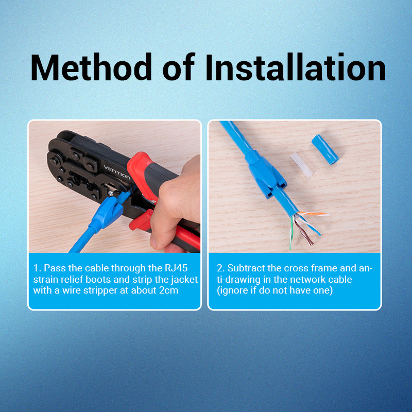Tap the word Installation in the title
point(295,67)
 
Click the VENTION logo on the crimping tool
point(117,172)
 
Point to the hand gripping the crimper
point(177,205)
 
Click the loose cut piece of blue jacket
point(325,149)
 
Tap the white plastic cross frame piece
point(301,165)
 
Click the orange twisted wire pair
point(313,213)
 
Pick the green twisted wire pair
point(291,233)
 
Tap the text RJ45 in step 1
point(176,268)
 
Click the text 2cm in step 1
point(169,290)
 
